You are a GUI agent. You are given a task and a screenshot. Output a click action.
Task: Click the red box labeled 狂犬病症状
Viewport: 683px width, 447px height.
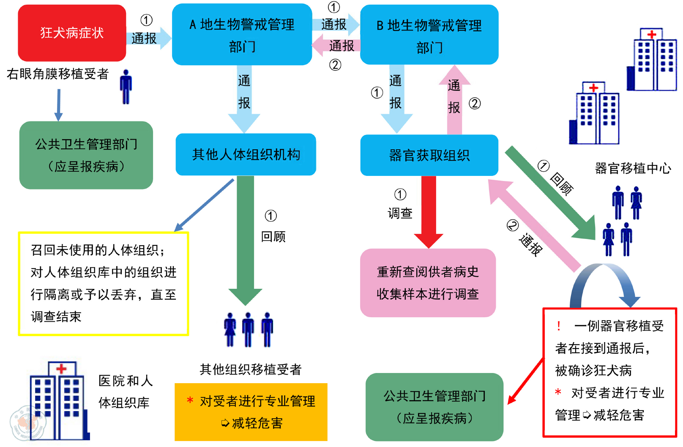(x=72, y=33)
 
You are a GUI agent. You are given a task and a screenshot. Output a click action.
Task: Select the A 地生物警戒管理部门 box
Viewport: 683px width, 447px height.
(x=242, y=35)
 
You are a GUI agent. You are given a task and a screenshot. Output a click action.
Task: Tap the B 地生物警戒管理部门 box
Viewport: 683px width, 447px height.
(x=429, y=35)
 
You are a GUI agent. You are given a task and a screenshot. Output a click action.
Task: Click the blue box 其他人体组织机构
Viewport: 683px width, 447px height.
(x=246, y=154)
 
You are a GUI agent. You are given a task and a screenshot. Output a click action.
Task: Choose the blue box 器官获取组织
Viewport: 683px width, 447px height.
(x=429, y=155)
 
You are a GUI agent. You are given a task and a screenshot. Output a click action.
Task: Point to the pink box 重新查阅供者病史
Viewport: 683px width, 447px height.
(x=428, y=282)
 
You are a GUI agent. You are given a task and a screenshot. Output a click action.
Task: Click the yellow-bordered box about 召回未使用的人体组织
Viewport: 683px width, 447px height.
(x=103, y=283)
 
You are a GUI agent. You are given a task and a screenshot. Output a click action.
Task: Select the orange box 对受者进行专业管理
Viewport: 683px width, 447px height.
(x=251, y=412)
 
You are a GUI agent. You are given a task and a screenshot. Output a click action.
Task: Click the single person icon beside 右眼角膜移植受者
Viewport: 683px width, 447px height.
(x=126, y=87)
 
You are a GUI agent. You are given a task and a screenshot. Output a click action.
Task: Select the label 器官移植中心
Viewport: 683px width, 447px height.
(x=633, y=168)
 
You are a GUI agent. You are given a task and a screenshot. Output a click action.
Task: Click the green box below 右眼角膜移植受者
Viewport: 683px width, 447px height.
(x=86, y=155)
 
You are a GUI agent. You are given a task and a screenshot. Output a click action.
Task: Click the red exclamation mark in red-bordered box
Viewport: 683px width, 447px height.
(x=559, y=326)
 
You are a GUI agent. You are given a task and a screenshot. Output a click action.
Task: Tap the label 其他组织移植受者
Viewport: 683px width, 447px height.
(x=251, y=369)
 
